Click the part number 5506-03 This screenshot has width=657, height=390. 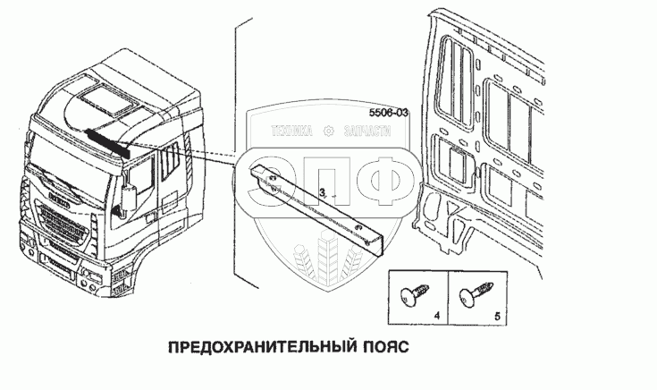(388, 114)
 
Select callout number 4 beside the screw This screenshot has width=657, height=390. (435, 316)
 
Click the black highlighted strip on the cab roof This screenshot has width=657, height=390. (107, 141)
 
